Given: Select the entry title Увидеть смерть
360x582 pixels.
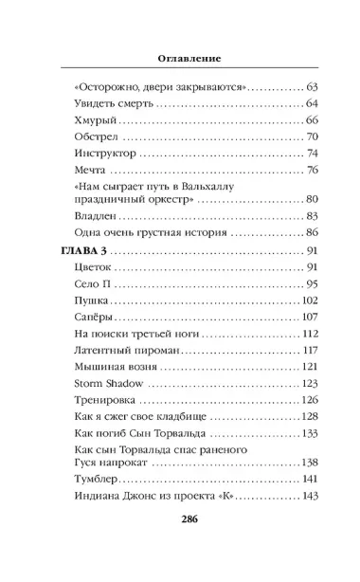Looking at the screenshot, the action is (x=116, y=103).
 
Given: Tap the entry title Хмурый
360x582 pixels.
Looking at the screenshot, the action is (x=91, y=120).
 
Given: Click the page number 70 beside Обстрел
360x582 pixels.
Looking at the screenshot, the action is (x=312, y=137).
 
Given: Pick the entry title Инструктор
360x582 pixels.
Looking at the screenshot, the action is (x=102, y=155).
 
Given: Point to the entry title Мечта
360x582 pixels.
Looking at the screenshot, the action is (x=87, y=171).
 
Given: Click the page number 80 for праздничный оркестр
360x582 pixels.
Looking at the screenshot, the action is (x=312, y=201).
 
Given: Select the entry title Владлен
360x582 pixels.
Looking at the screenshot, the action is (x=94, y=216).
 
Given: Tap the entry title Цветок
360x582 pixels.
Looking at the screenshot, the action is (x=91, y=268).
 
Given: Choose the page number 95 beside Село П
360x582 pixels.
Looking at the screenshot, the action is (x=312, y=285).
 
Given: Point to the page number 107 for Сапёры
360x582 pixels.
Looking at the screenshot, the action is (x=309, y=318).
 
